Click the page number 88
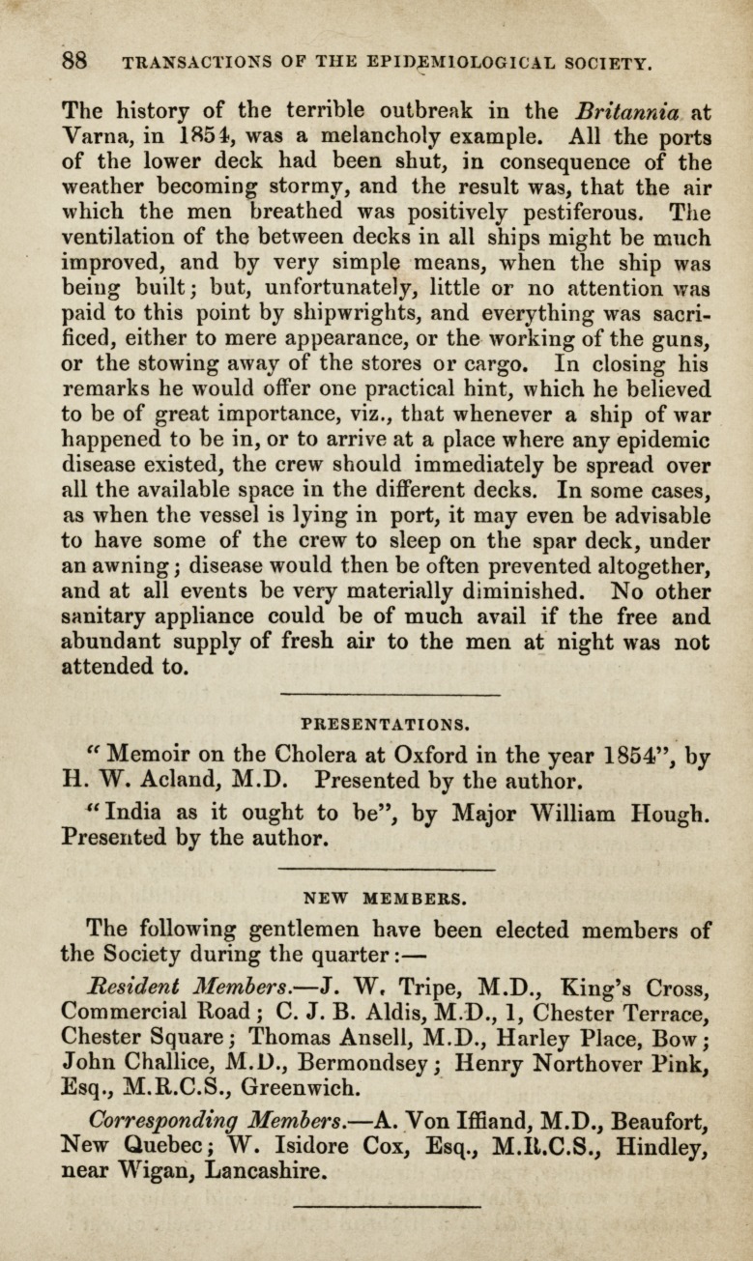coord(76,61)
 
